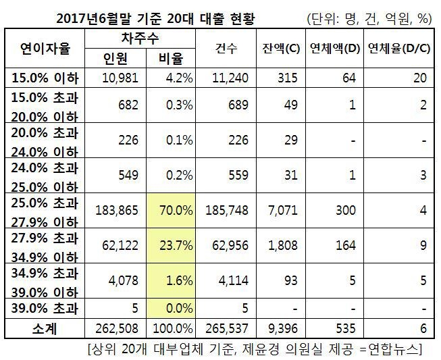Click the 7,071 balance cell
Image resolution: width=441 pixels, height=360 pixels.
[x=283, y=211]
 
